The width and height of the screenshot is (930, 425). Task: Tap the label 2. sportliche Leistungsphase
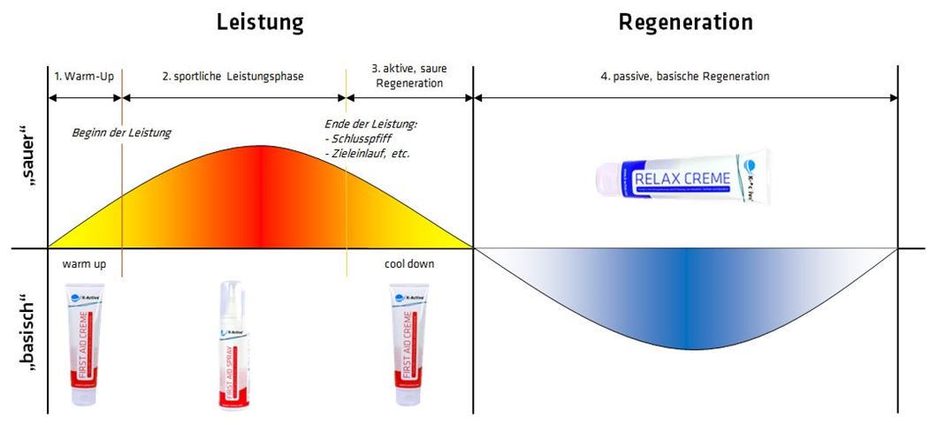point(232,77)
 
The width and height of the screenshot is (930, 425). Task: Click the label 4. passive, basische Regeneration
point(685,77)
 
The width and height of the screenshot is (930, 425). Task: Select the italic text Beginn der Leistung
point(121,133)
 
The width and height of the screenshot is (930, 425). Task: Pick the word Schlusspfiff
point(364,139)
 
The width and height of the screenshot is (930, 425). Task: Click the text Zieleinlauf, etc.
point(371,153)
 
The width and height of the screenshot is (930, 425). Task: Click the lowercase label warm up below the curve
point(84,264)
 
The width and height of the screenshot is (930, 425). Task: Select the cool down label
point(409,264)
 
